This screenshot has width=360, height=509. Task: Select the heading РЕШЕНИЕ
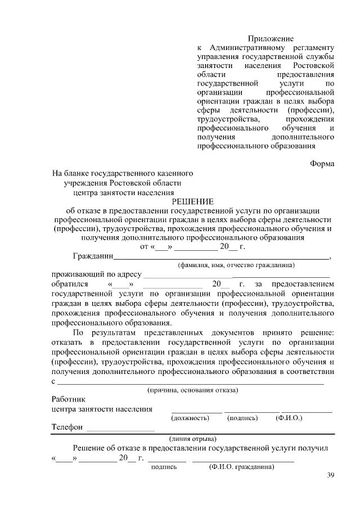pyautogui.click(x=192, y=201)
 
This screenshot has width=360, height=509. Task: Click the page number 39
pyautogui.click(x=330, y=476)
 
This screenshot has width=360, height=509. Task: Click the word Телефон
pyautogui.click(x=67, y=427)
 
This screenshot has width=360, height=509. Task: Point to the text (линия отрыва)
pyautogui.click(x=193, y=439)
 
